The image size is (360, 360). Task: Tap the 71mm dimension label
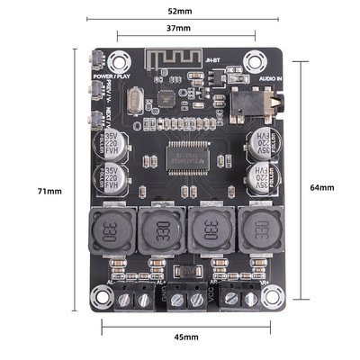coord(49,192)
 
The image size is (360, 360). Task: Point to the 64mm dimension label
coord(321,187)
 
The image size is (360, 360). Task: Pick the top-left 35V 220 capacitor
coord(112,142)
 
